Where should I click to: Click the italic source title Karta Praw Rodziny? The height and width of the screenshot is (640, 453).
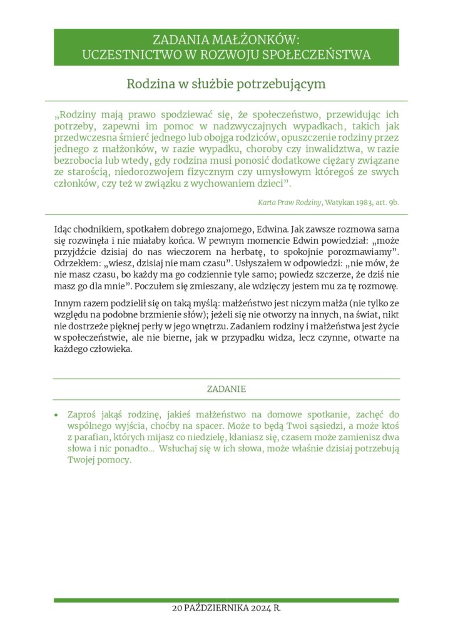289,202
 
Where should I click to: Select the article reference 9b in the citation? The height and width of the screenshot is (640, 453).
393,202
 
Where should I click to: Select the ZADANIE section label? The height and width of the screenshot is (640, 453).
227,389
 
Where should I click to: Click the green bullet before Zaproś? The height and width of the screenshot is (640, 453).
57,415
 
